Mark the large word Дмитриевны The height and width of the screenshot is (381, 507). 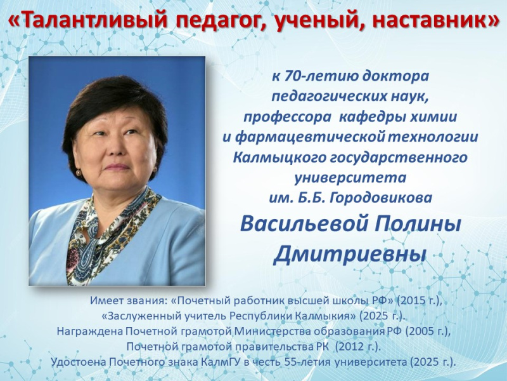pos(349,255)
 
